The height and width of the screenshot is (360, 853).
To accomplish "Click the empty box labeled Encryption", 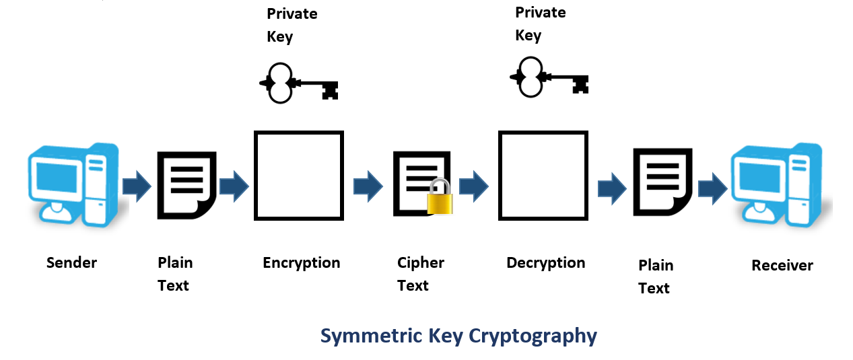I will [x=298, y=176].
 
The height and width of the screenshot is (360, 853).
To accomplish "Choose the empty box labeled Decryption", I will [x=543, y=176].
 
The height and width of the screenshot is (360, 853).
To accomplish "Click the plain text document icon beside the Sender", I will [x=186, y=184].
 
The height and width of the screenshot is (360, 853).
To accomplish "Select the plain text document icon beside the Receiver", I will [x=662, y=182].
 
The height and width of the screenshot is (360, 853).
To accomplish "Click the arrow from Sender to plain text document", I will [x=137, y=186].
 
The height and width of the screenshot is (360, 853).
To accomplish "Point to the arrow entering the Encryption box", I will [x=234, y=186].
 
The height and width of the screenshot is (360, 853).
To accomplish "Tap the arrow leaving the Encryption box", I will [x=368, y=186].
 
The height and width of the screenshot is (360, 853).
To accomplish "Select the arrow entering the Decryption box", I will [x=473, y=186].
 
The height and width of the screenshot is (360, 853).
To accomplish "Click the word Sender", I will [x=71, y=262].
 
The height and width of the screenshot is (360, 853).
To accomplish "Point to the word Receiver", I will [x=782, y=265].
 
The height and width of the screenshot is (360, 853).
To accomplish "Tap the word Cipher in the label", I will [x=420, y=262].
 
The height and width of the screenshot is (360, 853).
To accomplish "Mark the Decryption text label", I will [x=545, y=262].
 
